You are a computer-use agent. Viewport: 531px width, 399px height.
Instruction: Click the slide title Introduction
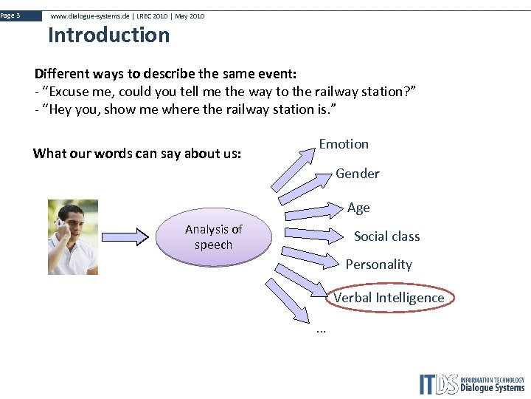pos(108,35)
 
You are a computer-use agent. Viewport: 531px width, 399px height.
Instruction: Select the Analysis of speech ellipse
pos(213,237)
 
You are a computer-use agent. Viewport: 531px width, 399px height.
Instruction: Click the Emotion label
pos(344,144)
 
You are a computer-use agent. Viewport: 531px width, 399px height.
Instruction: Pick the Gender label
pos(357,174)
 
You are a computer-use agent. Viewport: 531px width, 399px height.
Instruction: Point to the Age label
pos(358,208)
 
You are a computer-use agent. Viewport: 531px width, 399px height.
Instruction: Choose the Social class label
pos(386,236)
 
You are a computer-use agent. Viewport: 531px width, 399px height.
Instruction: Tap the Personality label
pos(378,265)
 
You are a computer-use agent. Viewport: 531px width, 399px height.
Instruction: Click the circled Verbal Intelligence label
pos(389,298)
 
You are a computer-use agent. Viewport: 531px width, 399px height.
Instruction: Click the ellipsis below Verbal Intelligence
pos(320,330)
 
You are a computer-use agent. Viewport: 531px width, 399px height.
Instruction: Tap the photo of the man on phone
pos(73,237)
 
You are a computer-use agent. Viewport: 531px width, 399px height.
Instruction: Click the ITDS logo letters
pos(438,384)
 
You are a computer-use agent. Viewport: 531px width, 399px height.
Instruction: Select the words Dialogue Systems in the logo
pos(492,388)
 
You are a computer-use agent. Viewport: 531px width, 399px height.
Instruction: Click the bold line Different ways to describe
pos(165,74)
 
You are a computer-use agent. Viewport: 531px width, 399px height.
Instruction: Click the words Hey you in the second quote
pos(69,109)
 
